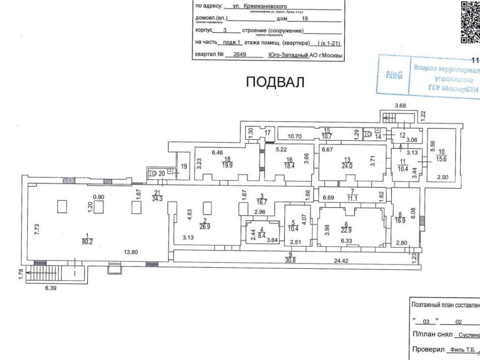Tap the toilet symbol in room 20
pyautogui.click(x=153, y=173)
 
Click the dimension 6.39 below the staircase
pyautogui.click(x=50, y=288)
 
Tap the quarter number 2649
pyautogui.click(x=239, y=55)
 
